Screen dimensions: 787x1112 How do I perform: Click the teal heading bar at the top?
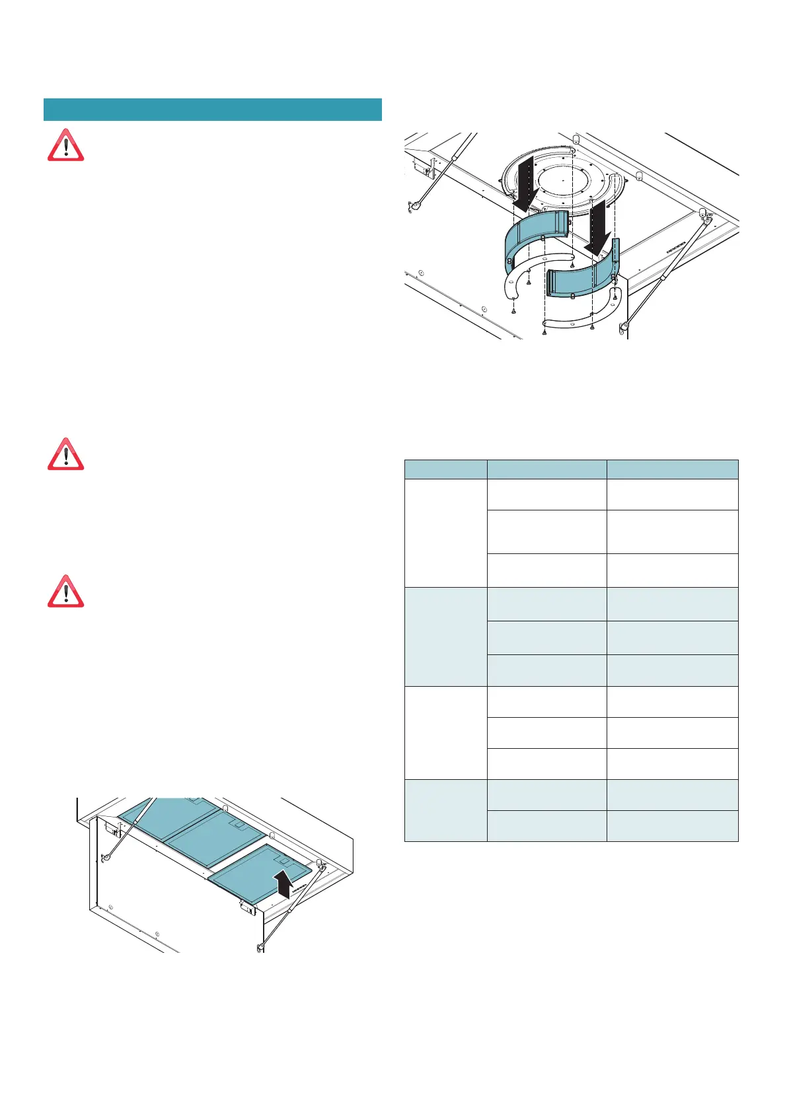[212, 110]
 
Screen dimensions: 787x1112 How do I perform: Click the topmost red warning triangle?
[65, 146]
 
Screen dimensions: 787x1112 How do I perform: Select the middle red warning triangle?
[65, 454]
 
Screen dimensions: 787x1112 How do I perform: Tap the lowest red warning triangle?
[65, 592]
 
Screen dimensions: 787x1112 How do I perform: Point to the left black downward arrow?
[527, 187]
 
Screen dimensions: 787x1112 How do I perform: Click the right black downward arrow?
[600, 230]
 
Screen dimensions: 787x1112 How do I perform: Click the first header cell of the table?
[445, 469]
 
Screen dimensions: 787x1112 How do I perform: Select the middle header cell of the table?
[546, 469]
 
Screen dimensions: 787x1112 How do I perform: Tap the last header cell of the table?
[672, 469]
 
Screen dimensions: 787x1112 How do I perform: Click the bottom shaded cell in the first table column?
[445, 810]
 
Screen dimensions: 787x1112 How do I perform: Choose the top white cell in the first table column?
[445, 532]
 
